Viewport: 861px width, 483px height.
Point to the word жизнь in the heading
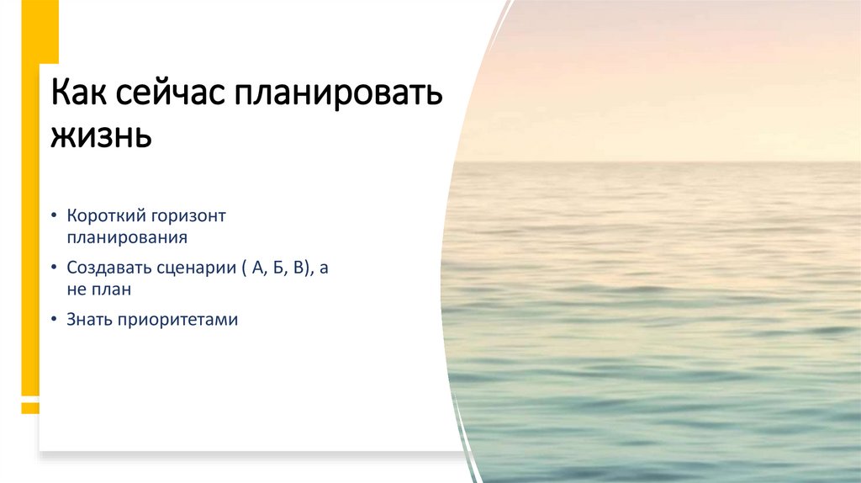[x=102, y=135]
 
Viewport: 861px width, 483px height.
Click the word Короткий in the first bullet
[x=102, y=216]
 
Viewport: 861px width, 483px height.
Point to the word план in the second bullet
[x=112, y=289]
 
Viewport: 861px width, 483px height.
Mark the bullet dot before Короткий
[x=54, y=217]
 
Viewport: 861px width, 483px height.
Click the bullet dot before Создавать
[x=54, y=269]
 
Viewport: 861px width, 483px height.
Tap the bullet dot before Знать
[x=54, y=321]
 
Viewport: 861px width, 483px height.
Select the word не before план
[x=77, y=289]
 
